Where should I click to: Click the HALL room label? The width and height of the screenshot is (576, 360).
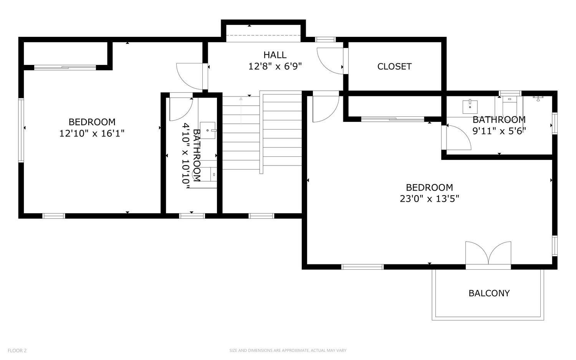coord(275,55)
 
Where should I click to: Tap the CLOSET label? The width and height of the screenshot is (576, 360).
coord(394,66)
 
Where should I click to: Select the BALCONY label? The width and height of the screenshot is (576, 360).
coord(489,293)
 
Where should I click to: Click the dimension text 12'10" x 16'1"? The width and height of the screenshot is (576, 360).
coord(92,133)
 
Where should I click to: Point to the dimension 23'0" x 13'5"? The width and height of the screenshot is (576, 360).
coord(429,199)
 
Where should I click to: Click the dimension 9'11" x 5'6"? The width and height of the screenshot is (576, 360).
coord(499,131)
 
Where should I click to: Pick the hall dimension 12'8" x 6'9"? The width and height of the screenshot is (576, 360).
coord(275,66)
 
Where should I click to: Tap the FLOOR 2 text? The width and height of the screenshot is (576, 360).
coord(17,350)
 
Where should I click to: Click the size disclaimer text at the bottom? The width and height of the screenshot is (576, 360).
coord(288,350)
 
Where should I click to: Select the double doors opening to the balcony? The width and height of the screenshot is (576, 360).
coord(488,254)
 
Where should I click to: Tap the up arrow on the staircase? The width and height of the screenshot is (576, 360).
coord(241,99)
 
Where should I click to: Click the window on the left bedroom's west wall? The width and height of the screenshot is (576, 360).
coord(21,130)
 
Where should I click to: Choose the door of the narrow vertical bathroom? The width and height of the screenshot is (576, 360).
coord(180,108)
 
